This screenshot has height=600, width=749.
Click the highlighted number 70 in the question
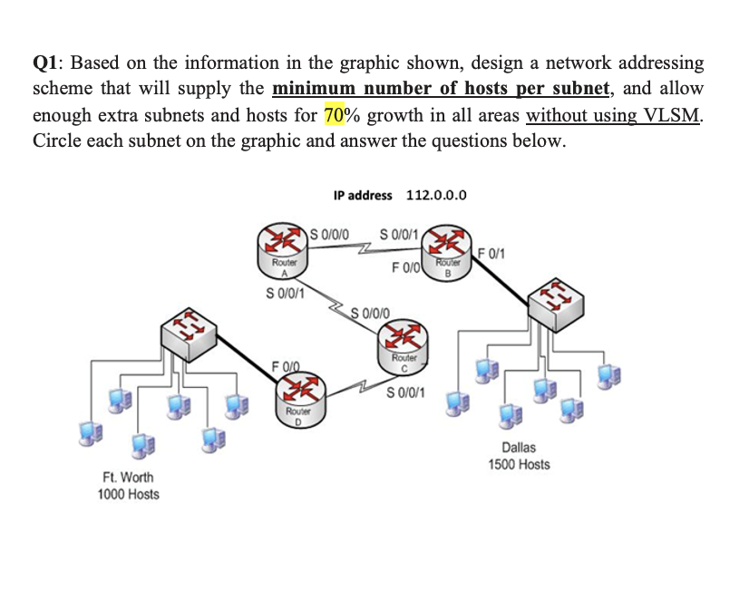point(333,115)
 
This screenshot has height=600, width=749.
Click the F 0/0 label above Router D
point(286,365)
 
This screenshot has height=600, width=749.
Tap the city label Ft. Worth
point(128,477)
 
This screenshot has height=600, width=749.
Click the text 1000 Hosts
point(128,494)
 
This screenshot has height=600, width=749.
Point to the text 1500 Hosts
point(519,464)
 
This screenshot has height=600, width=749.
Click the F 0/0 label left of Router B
point(405,267)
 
